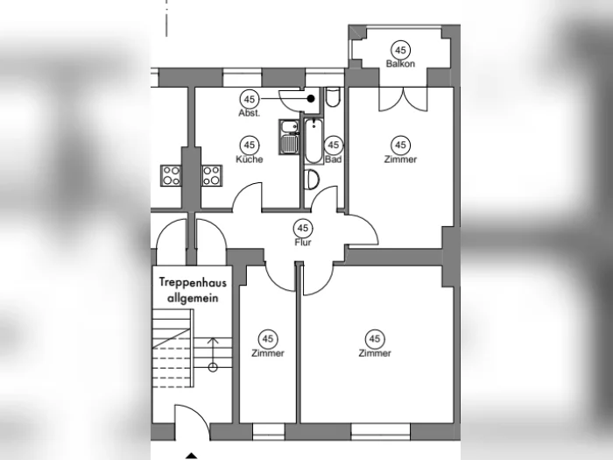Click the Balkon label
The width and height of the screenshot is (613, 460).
pos(400,63)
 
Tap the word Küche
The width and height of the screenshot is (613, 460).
pos(250,159)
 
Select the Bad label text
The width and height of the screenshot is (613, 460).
pos(333,159)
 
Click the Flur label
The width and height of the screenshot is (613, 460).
pos(303,242)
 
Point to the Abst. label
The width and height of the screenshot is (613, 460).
pos(249,113)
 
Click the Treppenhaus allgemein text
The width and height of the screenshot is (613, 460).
pos(193,290)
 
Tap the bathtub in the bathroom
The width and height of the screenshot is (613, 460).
pos(314,141)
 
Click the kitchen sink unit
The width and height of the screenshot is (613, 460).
pos(289,137)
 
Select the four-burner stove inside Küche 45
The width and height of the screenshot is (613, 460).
pos(212,175)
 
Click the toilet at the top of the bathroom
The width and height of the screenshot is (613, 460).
pos(333,97)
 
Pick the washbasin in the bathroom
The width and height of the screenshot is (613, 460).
pos(312,180)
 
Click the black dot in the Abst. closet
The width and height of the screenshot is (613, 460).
pos(311,99)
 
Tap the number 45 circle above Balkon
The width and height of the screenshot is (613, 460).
pos(400,50)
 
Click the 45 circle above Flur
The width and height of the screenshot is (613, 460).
pos(303,228)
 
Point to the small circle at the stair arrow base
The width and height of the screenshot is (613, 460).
pos(213,367)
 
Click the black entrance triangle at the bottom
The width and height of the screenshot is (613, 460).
pos(191,456)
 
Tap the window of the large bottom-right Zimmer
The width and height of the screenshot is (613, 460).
pos(380,432)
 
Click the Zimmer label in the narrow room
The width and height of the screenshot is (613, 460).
pos(268,353)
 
